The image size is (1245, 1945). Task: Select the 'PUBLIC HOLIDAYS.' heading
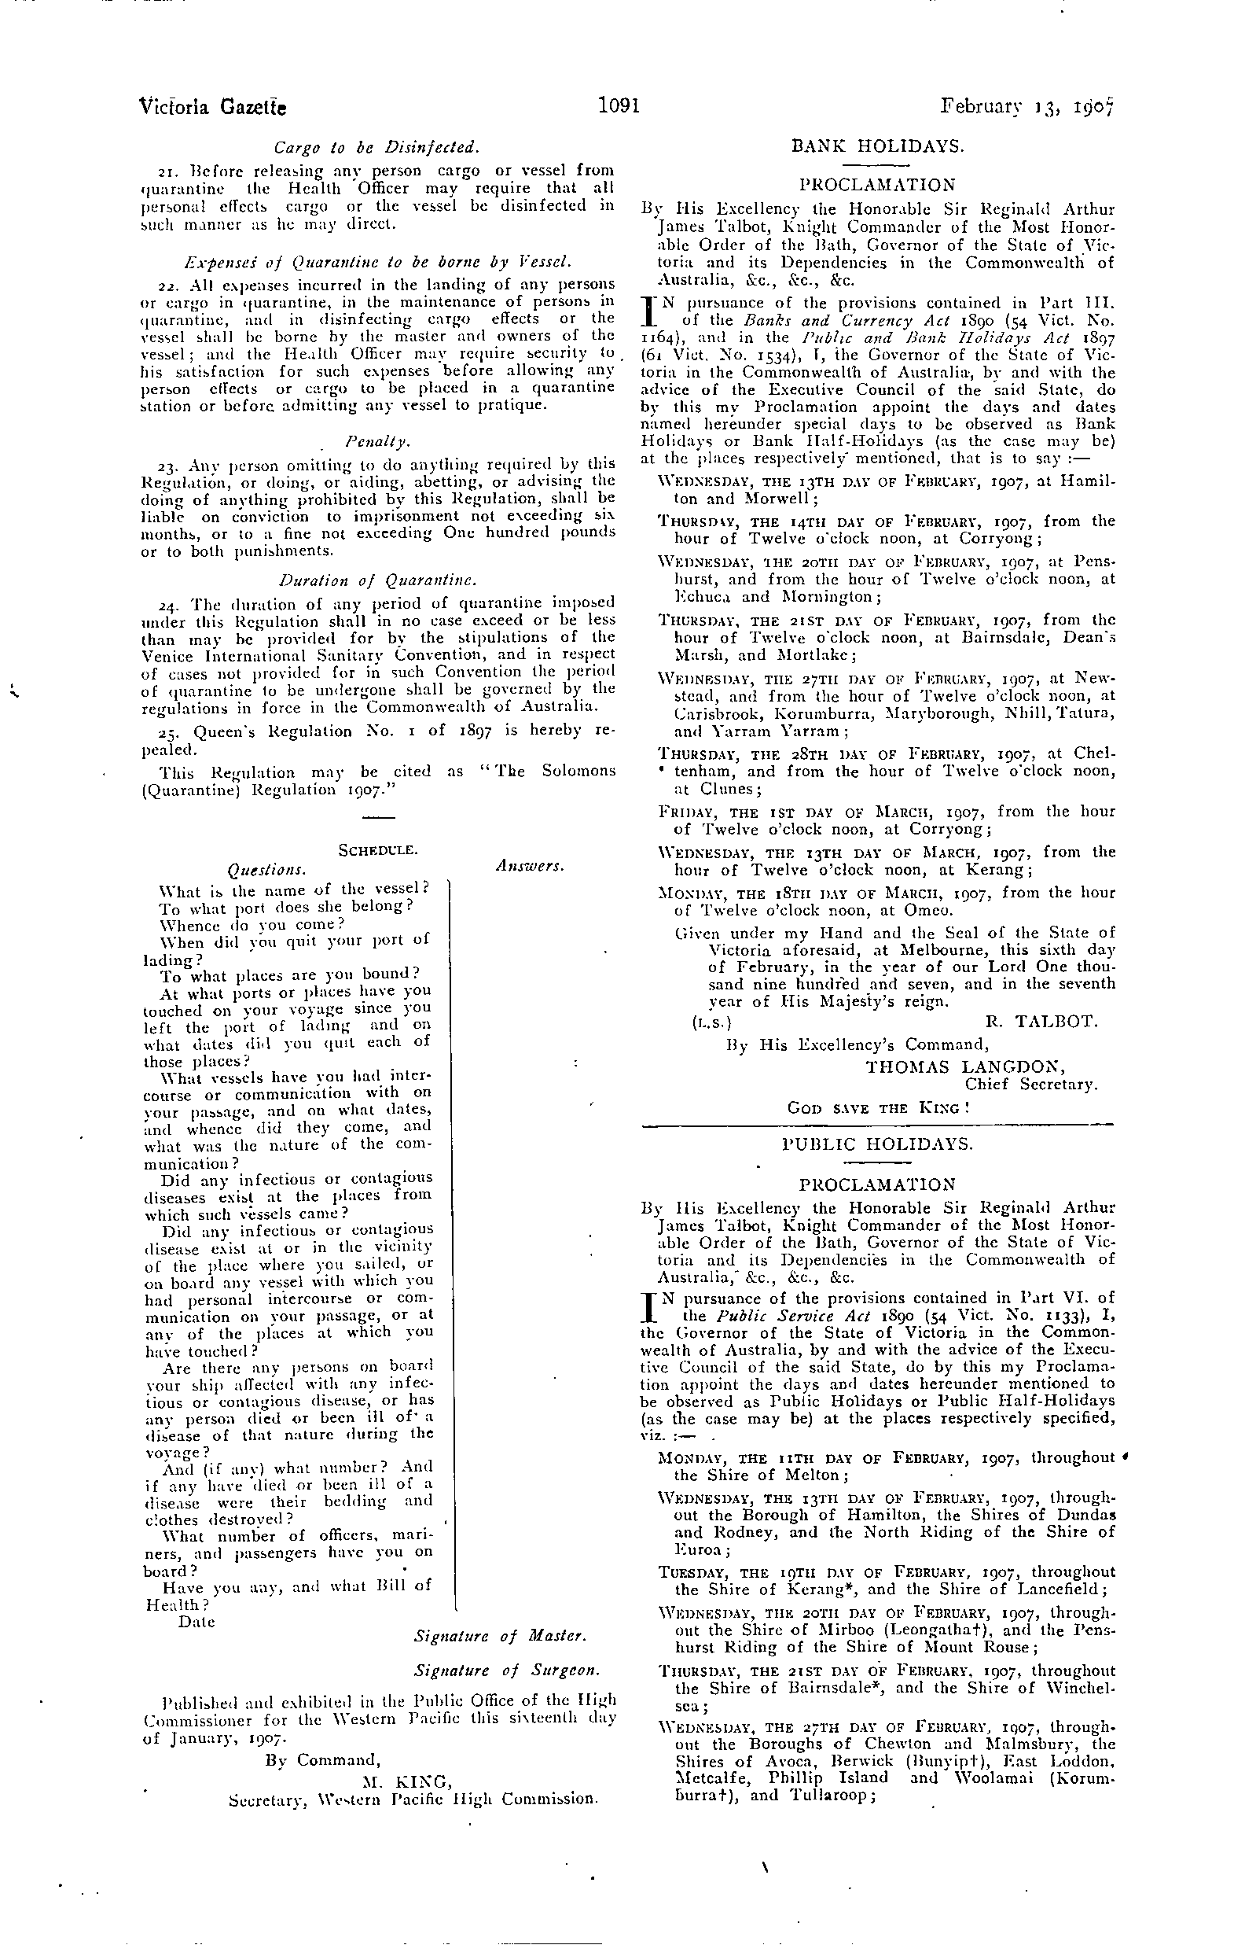coord(877,1144)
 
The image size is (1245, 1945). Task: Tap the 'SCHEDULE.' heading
coord(377,850)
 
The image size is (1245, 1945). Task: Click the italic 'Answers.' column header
coord(530,865)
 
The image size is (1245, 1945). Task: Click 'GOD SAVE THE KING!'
coord(878,1107)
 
